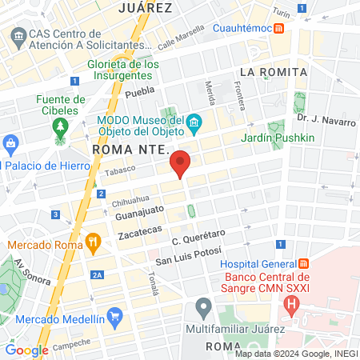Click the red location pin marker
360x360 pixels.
pos(181,164)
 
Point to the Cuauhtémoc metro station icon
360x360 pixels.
pos(278,28)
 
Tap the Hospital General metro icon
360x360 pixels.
pos(303,264)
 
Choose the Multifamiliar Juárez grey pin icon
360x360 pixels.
pos(203,306)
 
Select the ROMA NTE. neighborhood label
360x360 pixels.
pos(128,150)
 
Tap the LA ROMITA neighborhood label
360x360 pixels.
pos(273,72)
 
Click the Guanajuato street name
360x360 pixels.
pos(139,213)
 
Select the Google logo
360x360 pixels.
pos(26,350)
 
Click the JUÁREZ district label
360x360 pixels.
pos(145,8)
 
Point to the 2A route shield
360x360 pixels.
pos(97,275)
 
